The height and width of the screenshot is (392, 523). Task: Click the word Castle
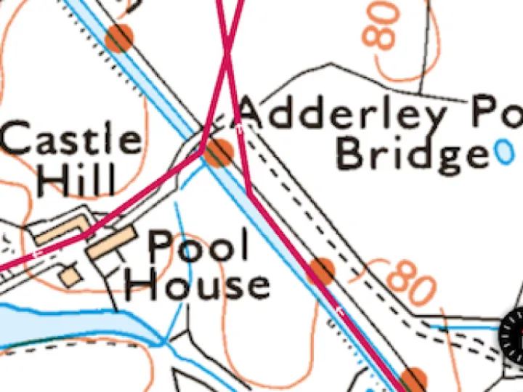click(72, 139)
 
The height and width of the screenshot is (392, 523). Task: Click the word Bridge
click(413, 154)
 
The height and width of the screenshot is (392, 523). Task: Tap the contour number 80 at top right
click(384, 25)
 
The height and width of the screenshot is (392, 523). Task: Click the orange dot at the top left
click(119, 38)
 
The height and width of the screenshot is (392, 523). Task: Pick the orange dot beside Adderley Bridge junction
click(218, 152)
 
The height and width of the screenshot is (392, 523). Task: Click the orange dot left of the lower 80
click(320, 271)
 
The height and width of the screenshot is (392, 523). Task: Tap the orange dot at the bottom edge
click(414, 380)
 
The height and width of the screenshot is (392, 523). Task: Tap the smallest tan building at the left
click(70, 277)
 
